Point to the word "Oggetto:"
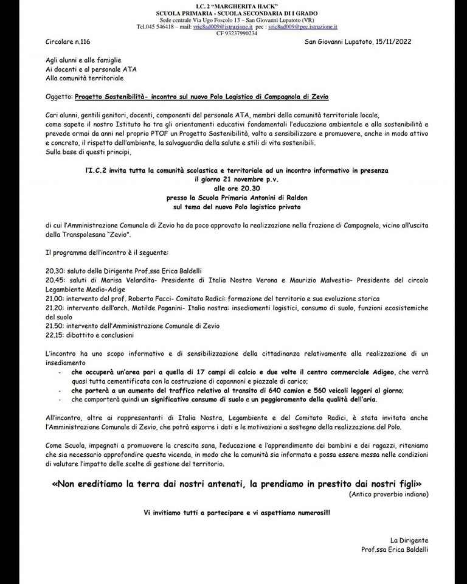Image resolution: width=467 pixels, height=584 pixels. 59,96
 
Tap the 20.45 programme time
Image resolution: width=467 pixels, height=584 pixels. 55,280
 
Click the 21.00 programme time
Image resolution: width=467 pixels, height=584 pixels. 55,299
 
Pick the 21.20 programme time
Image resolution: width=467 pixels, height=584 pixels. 55,308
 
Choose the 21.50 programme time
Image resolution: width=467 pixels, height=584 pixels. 55,327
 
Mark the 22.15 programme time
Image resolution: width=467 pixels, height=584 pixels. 55,335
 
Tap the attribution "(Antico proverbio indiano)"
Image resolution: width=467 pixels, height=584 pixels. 389,494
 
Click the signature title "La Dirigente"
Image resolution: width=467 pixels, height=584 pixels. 409,540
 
